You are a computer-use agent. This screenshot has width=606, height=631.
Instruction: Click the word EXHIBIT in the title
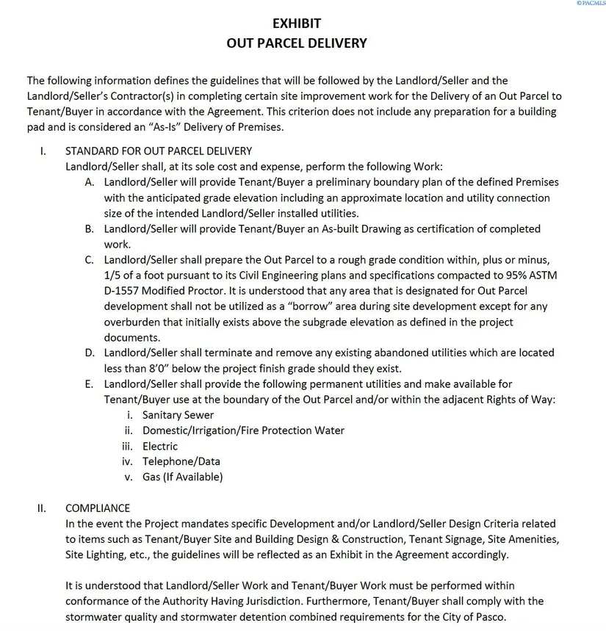[x=296, y=23]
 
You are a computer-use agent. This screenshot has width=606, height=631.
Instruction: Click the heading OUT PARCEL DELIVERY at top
[x=296, y=43]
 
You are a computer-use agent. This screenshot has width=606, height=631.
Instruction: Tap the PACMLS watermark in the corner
[x=589, y=4]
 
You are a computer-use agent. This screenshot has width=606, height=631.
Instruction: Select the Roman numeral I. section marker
[x=43, y=151]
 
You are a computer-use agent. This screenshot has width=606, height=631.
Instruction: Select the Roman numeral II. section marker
[x=42, y=508]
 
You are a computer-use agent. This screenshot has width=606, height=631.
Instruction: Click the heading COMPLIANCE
[x=98, y=508]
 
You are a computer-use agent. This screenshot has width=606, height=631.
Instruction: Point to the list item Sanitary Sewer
[x=178, y=414]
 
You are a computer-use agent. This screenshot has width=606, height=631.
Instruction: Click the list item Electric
[x=160, y=446]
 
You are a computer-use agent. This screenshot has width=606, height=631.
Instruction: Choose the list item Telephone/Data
[x=181, y=461]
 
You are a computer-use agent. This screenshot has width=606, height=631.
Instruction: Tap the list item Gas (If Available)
[x=182, y=477]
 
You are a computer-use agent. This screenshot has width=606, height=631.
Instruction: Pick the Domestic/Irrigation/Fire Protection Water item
[x=243, y=430]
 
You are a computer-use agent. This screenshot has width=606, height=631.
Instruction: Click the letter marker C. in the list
[x=89, y=260]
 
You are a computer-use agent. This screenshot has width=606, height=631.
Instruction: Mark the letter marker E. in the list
[x=89, y=383]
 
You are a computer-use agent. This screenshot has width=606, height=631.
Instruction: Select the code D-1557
[x=123, y=291]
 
